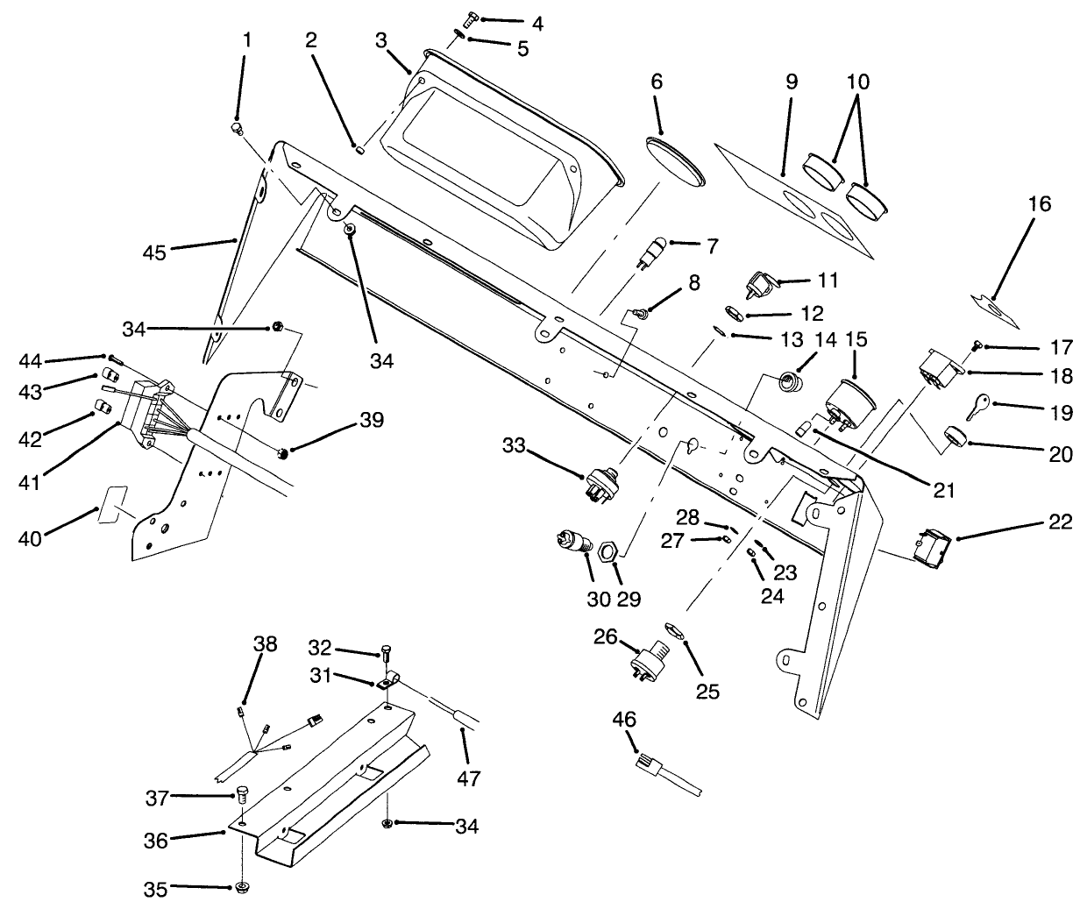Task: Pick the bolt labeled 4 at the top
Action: [x=472, y=16]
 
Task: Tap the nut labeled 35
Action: [x=239, y=888]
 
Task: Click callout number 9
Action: [x=791, y=82]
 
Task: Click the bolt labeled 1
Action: [x=236, y=128]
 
